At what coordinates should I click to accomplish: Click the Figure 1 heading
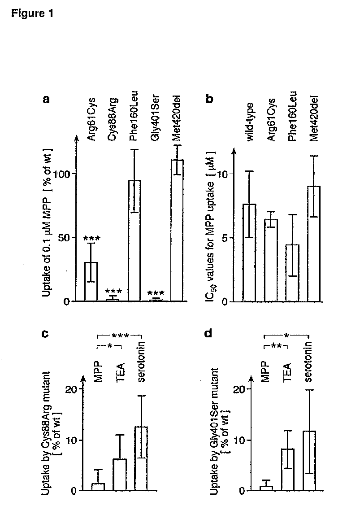pos(32,13)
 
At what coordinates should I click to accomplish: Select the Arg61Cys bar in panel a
pos(91,282)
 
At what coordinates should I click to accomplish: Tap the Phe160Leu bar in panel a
pos(134,240)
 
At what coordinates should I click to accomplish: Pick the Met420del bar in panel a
pos(177,231)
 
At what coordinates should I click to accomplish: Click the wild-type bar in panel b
pos(249,253)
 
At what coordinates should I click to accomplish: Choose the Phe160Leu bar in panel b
pos(292,273)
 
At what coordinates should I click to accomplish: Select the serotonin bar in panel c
pos(141,458)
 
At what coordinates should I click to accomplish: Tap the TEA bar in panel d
pos(288,470)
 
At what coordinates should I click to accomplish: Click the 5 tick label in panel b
pos(225,238)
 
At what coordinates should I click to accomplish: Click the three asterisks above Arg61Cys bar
pos(91,238)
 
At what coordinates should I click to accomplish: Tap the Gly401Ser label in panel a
pos(155,118)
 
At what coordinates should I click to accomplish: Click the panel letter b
pos(209,99)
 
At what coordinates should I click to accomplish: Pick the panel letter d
pos(208,333)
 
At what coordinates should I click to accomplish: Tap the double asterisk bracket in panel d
pos(276,346)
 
